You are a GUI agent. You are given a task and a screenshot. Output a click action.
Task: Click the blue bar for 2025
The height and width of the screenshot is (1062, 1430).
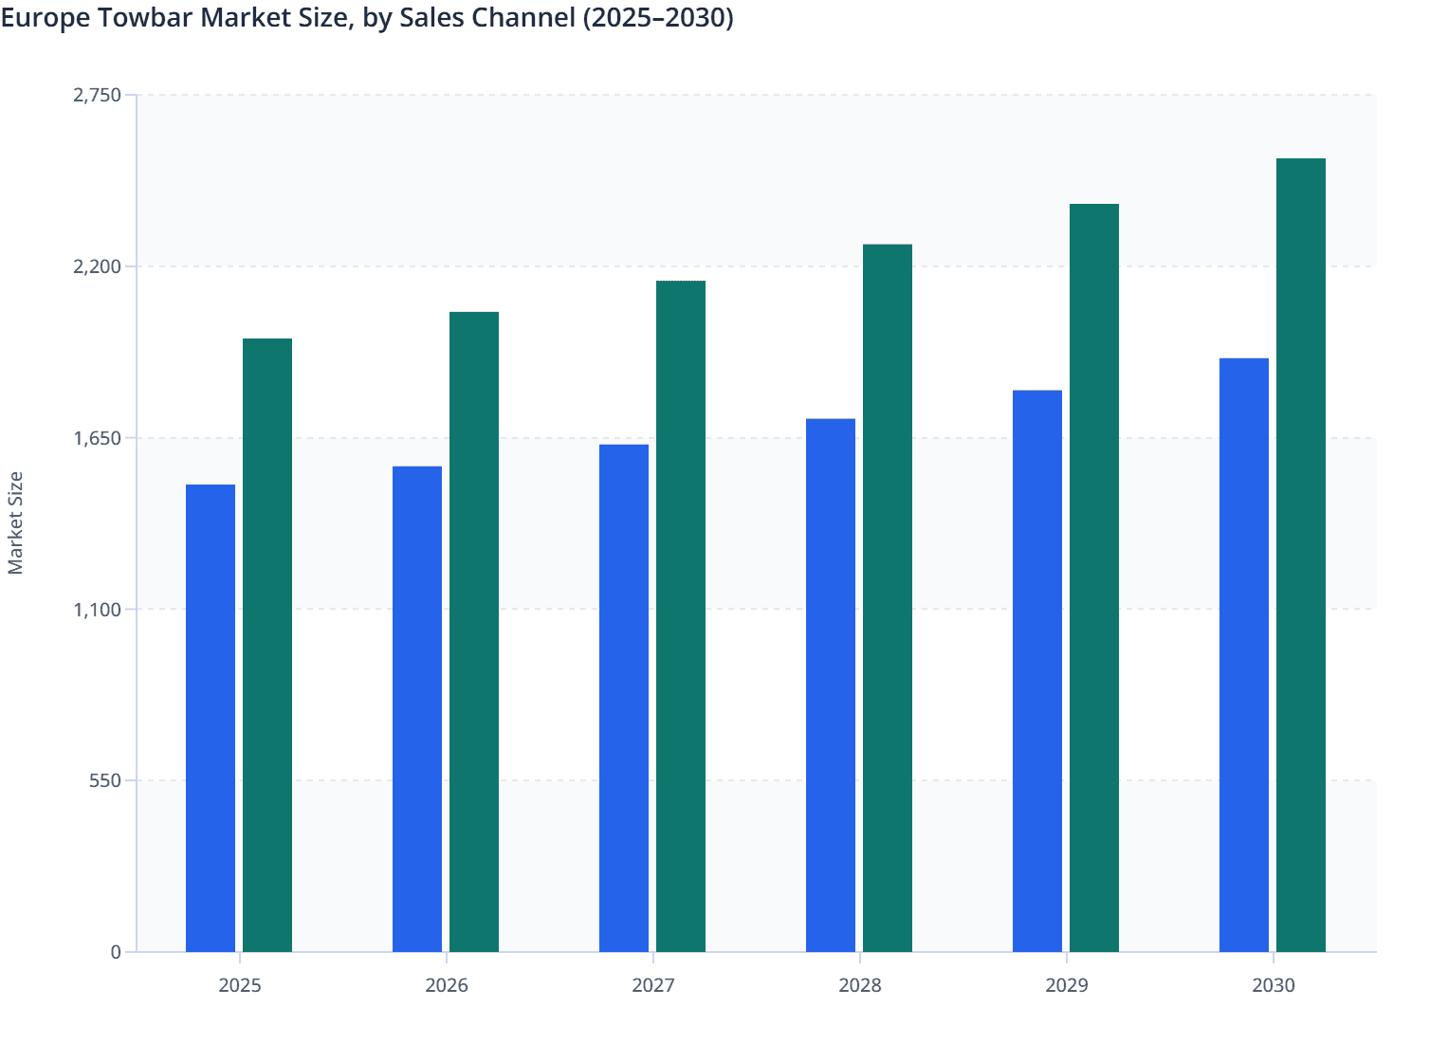211,718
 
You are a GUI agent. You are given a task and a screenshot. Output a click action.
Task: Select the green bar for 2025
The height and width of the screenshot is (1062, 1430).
267,645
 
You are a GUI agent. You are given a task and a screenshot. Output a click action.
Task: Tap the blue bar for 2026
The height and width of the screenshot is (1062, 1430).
417,708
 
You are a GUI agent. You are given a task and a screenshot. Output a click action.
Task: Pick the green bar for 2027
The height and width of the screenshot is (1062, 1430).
681,616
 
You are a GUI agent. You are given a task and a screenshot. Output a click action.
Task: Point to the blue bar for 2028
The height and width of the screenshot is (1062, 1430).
831,685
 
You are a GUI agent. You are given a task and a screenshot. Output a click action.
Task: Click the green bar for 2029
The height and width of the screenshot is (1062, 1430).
1094,577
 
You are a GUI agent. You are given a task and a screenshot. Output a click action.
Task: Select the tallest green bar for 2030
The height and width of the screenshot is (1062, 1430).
1301,555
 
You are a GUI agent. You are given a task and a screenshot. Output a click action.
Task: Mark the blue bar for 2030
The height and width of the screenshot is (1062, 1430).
1244,654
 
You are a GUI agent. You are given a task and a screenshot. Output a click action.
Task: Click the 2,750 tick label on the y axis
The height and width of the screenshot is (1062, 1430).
98,95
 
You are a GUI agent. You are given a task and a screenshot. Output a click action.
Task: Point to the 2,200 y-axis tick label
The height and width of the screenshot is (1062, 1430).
98,266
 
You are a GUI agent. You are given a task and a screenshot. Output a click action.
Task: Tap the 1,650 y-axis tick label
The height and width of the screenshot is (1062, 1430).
98,438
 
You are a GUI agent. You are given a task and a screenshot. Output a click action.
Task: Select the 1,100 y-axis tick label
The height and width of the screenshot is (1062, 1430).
98,610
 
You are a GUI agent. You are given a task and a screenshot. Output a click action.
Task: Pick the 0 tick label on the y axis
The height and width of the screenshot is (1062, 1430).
116,952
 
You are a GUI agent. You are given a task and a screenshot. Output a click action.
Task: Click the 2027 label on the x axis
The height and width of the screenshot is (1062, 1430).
653,985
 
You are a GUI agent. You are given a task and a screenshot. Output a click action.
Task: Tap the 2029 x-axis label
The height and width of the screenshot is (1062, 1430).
1067,985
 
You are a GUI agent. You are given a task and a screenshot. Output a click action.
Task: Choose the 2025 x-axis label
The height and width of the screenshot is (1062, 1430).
240,985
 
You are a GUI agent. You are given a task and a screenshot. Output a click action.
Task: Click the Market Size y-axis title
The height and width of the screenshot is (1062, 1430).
15,522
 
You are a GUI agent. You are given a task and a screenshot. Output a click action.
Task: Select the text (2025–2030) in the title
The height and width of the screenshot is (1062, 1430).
657,18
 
